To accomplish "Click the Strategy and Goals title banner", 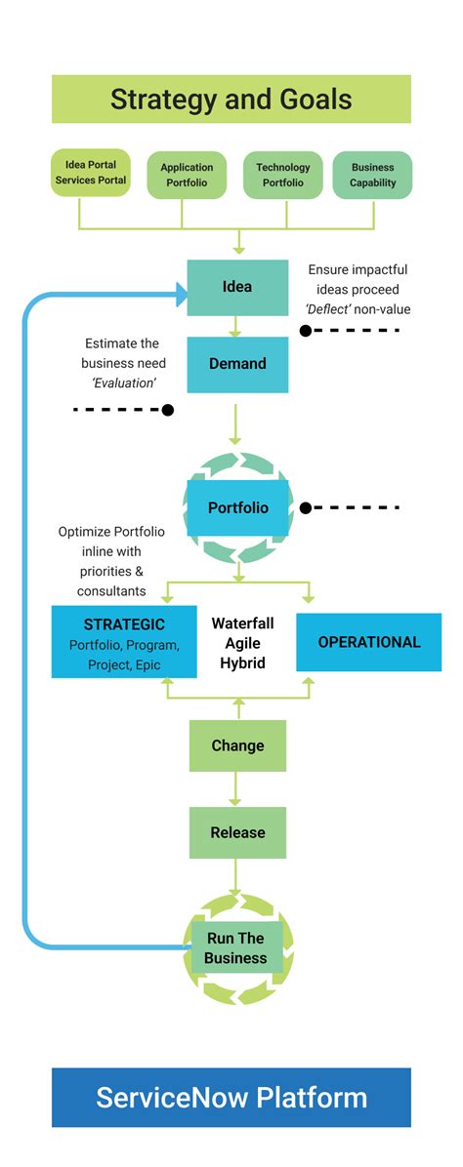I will [x=231, y=100].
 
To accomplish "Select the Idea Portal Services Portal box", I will [x=91, y=173].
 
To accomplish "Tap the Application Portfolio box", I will [x=187, y=175].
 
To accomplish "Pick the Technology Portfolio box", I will [x=282, y=175].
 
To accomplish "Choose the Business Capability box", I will [x=372, y=175].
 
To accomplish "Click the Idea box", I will [x=237, y=287].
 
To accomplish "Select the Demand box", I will [x=237, y=364].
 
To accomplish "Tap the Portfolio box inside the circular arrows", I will [x=237, y=508].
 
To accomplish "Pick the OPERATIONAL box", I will [x=368, y=642].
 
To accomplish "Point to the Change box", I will [x=237, y=745].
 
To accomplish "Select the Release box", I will [x=237, y=832].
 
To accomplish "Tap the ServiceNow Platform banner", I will [x=231, y=1097].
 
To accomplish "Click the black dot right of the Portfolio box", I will [x=305, y=507].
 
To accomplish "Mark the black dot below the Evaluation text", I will [x=167, y=410].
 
